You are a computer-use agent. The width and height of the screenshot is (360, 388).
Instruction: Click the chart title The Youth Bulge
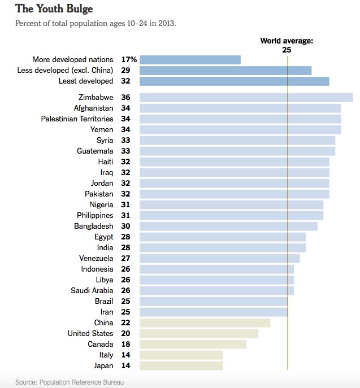(54, 9)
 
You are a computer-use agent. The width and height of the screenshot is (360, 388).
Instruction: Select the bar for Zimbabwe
(246, 97)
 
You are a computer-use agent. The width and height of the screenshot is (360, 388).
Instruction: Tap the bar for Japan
(181, 365)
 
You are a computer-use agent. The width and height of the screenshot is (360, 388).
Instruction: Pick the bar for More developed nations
(190, 59)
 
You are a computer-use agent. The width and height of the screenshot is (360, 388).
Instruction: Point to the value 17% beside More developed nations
(129, 59)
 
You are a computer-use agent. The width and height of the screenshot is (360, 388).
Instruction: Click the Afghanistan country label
(94, 108)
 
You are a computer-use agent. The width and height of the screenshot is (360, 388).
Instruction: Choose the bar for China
(205, 322)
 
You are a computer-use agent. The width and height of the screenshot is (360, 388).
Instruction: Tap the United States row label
(90, 333)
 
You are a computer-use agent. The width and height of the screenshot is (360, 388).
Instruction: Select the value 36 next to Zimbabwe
(125, 97)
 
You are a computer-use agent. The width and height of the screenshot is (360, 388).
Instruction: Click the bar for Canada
(193, 344)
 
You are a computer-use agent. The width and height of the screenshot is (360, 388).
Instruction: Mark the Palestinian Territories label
(77, 119)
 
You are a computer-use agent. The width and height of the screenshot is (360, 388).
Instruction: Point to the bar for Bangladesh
(228, 226)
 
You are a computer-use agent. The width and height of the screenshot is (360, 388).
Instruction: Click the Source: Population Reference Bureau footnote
(70, 382)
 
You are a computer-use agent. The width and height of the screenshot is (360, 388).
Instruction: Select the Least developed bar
(234, 81)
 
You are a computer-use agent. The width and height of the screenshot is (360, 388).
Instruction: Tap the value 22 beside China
(125, 322)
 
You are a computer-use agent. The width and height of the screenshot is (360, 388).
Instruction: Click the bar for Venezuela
(219, 258)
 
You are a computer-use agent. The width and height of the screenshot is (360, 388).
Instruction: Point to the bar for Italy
(181, 355)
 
